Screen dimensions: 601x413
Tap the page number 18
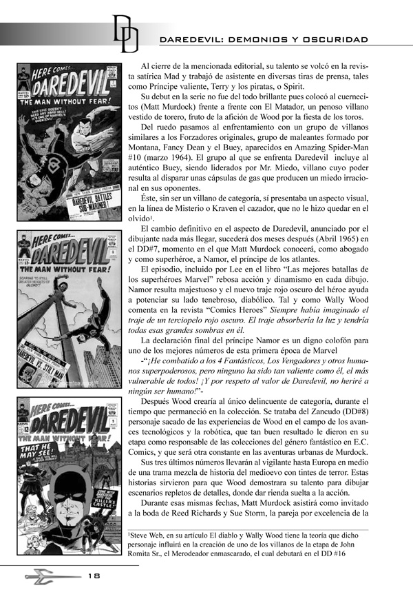94,575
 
